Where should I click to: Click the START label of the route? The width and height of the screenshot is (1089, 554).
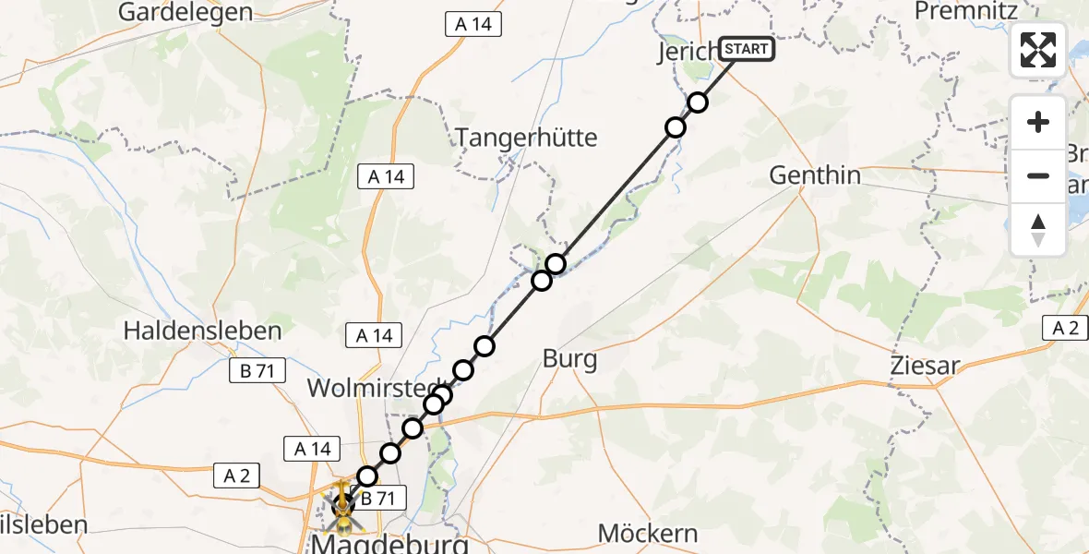tap(746, 49)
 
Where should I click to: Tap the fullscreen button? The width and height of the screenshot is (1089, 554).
tap(1038, 50)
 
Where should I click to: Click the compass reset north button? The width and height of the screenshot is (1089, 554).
tap(1038, 230)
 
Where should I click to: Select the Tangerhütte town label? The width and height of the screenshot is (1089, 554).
tap(527, 138)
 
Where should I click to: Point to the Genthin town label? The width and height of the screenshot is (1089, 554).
tap(815, 175)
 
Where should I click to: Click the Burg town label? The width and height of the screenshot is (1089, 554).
tap(569, 359)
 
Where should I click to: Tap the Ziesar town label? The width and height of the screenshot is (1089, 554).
tap(925, 365)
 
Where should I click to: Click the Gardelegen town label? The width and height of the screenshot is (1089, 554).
tap(185, 12)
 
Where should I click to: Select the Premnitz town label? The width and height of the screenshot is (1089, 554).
tap(965, 11)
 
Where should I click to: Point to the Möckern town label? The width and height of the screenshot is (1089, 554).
tap(648, 533)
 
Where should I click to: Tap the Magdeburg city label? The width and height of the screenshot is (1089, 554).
tap(389, 544)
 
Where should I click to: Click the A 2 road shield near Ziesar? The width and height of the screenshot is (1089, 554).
tap(1065, 327)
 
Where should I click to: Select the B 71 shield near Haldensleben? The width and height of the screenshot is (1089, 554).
tap(251, 371)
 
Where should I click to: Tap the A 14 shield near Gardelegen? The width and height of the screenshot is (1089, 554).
tap(473, 24)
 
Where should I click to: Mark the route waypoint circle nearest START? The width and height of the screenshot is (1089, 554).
tap(698, 102)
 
